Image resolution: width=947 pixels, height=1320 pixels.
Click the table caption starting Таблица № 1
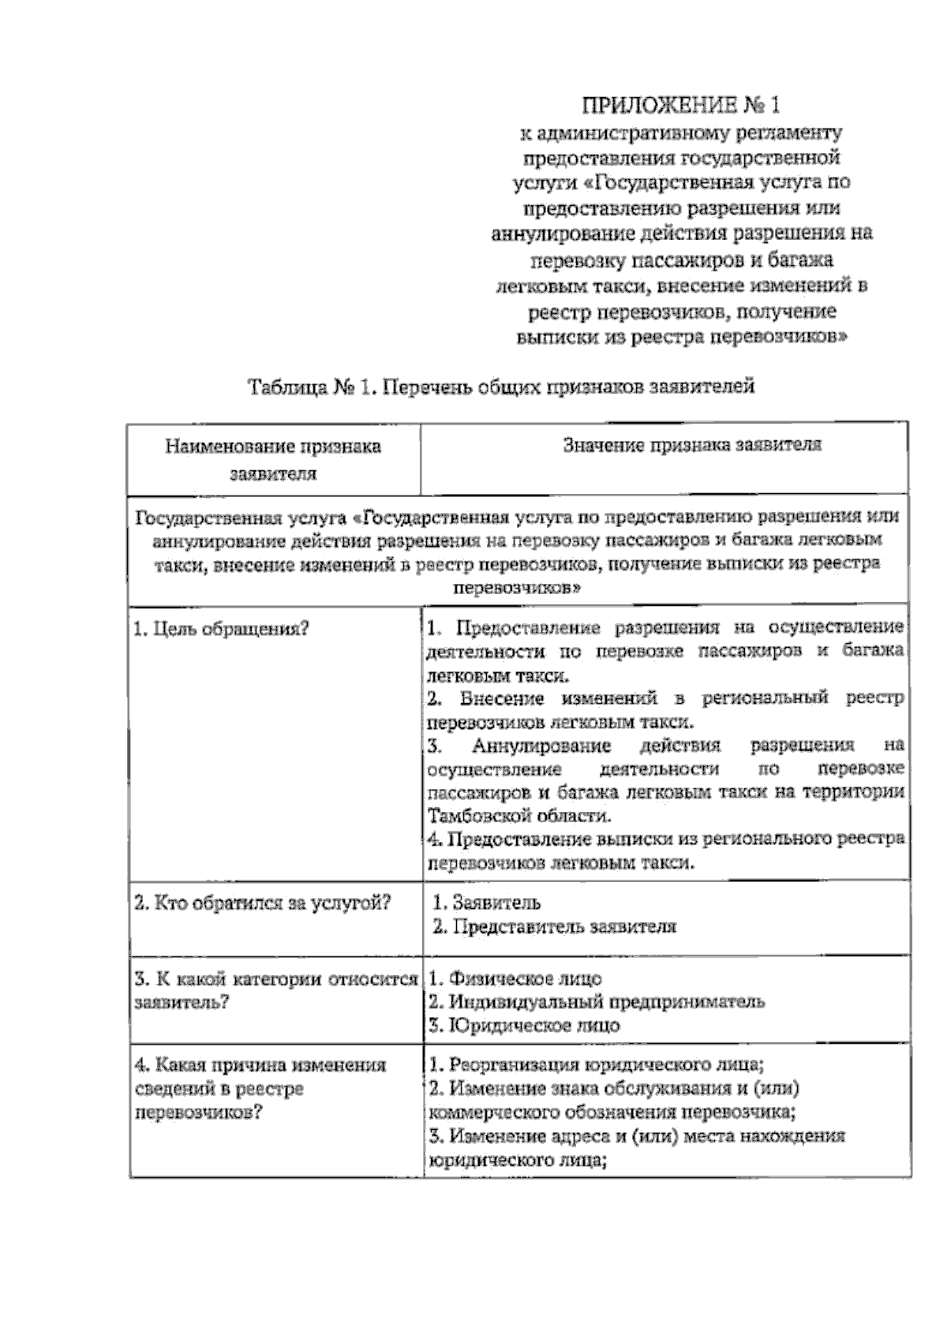501,387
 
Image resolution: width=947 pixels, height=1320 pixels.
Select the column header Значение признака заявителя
692,445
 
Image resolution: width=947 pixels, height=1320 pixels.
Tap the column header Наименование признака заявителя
273,460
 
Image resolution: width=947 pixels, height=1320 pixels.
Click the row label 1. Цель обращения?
222,629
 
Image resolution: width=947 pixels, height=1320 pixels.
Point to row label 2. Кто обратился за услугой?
263,903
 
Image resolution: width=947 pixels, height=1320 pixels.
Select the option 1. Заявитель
487,903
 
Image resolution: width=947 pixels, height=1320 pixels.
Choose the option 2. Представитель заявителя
555,926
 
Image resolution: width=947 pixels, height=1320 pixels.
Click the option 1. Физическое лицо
515,979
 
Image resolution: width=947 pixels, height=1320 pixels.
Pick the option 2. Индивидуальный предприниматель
596,1002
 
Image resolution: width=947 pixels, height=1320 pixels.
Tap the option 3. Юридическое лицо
524,1026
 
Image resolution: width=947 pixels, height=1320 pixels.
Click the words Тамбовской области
518,815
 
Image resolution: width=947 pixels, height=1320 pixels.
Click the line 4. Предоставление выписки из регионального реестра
665,839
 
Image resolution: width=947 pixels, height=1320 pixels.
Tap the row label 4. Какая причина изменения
260,1065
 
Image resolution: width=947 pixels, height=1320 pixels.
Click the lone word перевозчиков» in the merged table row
517,588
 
